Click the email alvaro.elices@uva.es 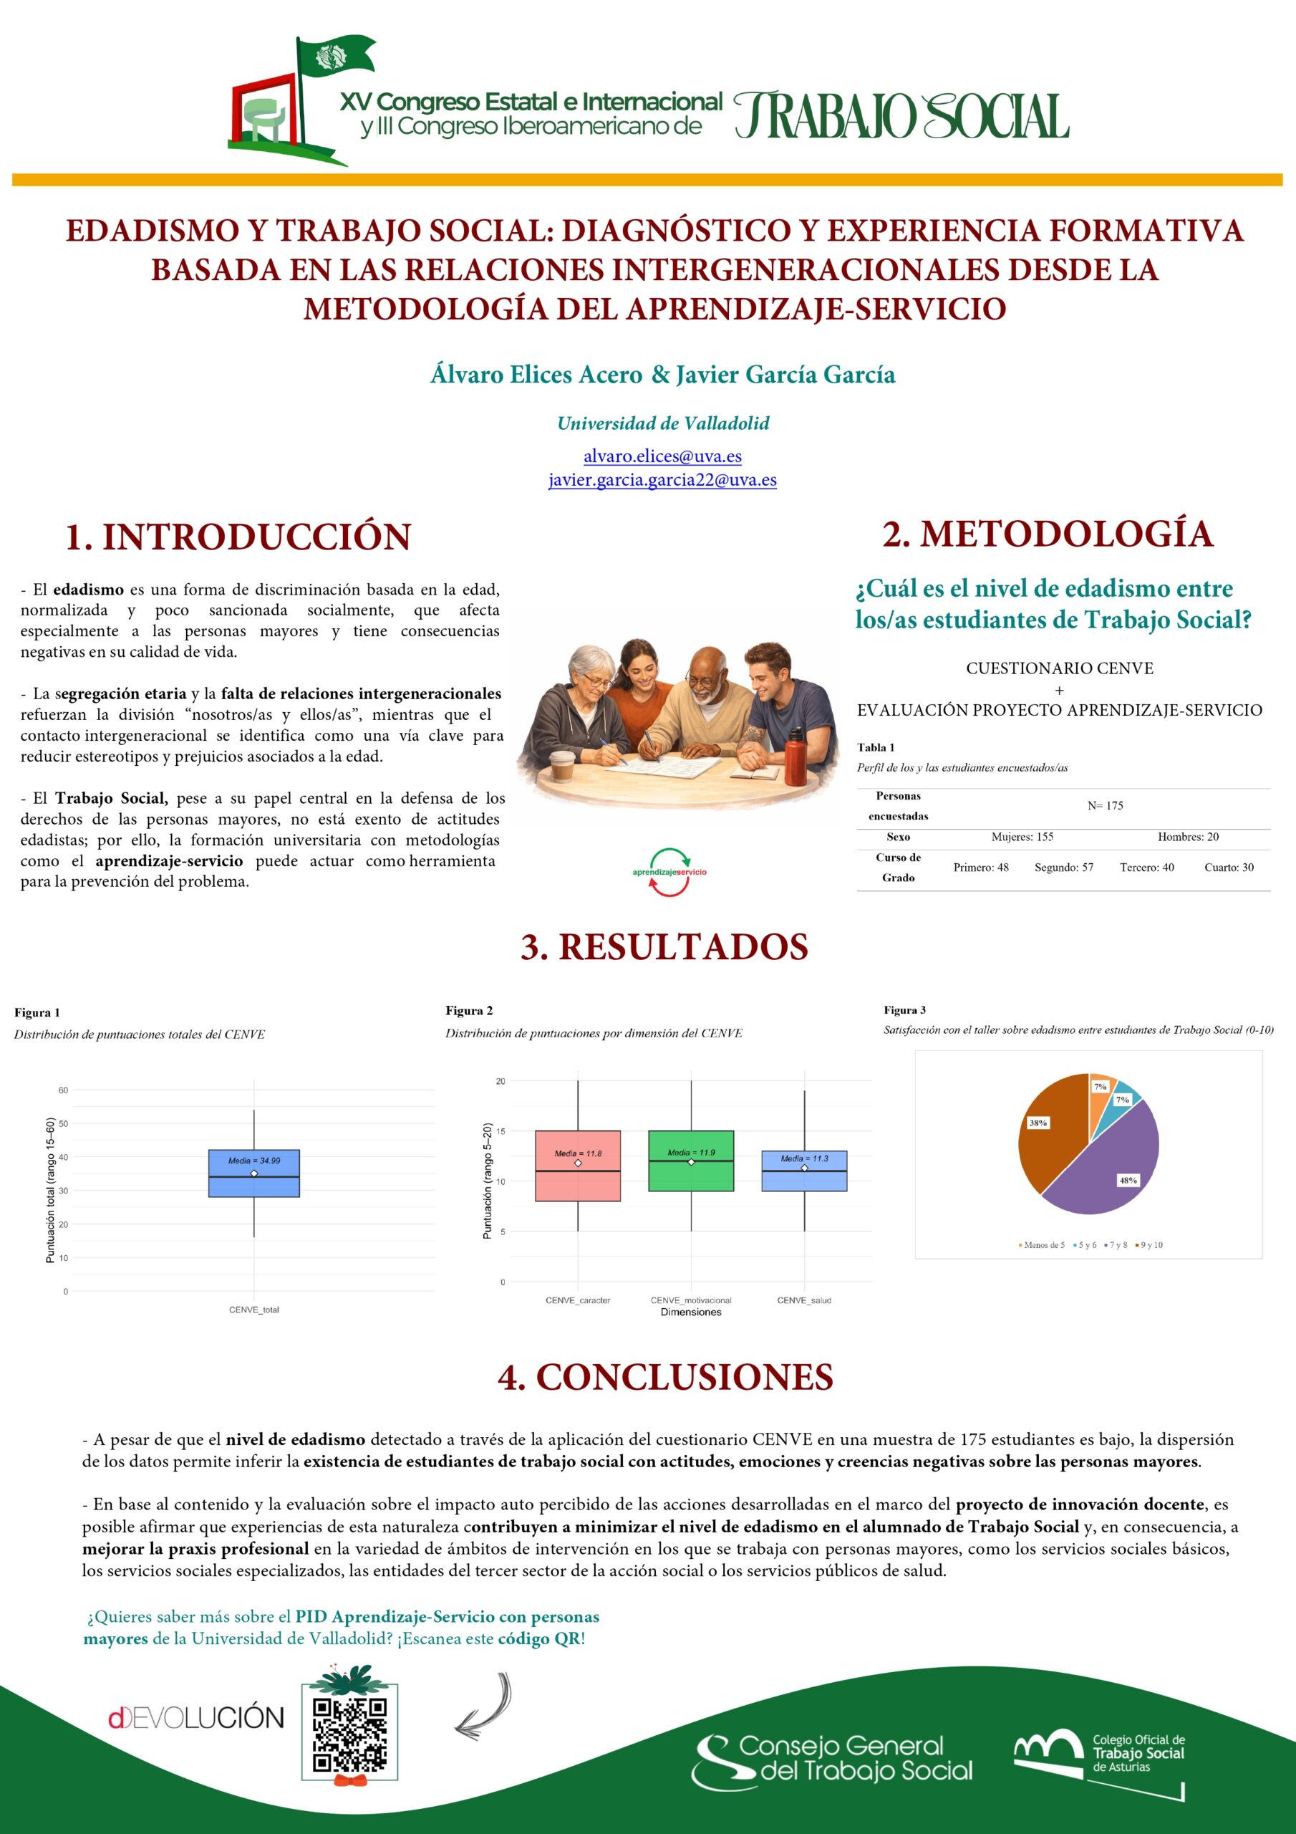tap(662, 456)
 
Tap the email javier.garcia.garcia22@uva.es tap(662, 480)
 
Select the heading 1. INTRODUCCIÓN tap(237, 537)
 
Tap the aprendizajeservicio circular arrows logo tap(669, 873)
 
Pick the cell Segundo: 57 tap(1063, 868)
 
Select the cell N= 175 tap(1104, 806)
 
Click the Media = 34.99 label tap(254, 1161)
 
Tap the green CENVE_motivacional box tap(691, 1161)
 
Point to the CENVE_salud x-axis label tap(804, 1300)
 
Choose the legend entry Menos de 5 tap(1041, 1245)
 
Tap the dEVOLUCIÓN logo tap(196, 1718)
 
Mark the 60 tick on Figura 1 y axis tap(64, 1090)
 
